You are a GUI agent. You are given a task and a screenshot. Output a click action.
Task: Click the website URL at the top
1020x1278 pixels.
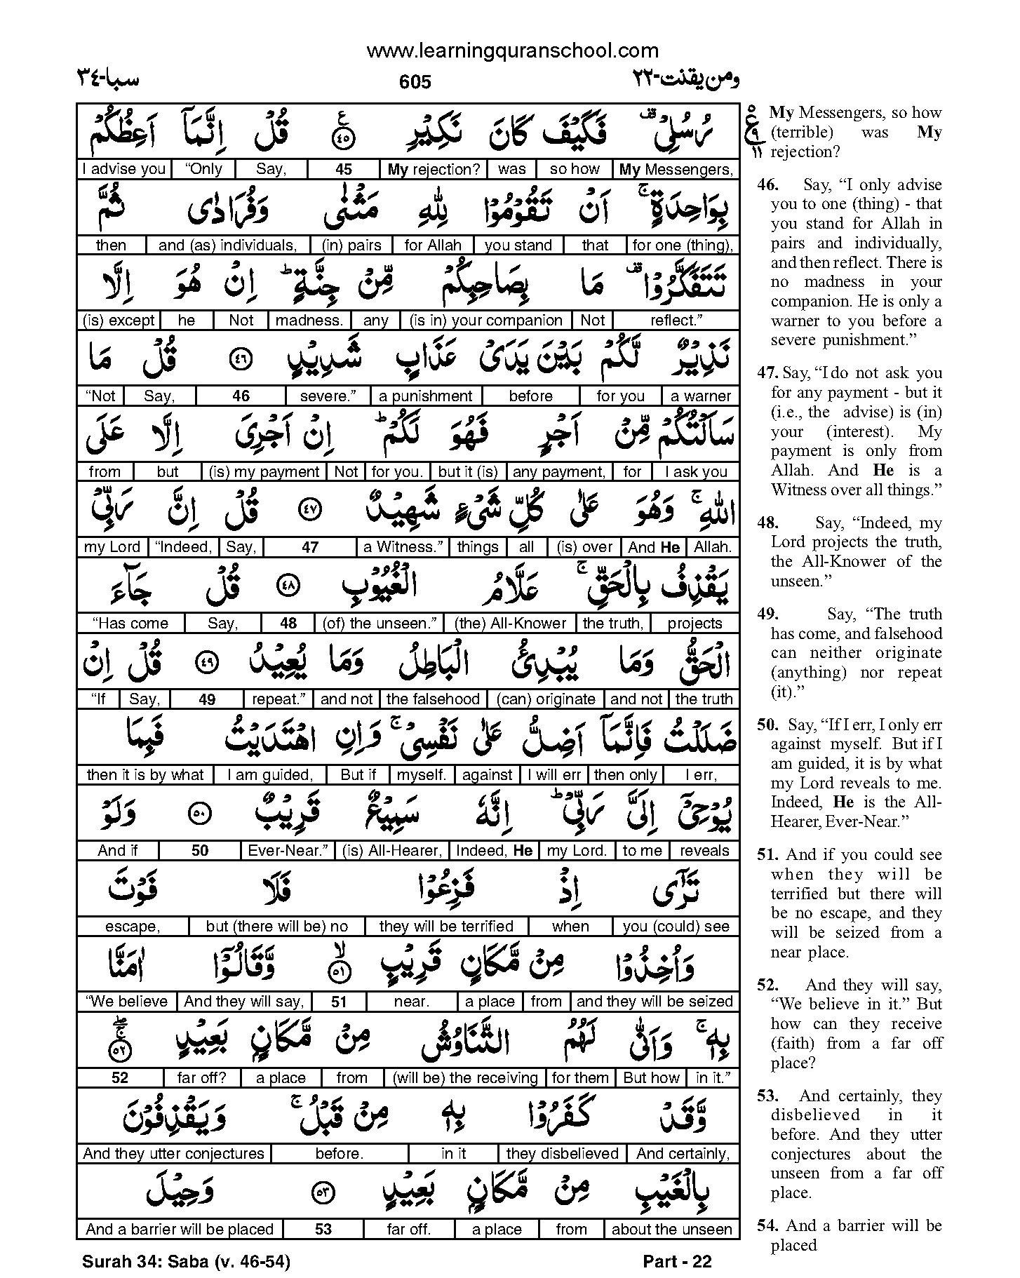[513, 51]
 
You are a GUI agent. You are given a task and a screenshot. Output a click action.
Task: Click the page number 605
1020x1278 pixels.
[415, 82]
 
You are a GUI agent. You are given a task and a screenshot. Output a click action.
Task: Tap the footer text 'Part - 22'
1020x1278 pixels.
[677, 1261]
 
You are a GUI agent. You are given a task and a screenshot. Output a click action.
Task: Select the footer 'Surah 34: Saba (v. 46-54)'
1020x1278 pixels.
[186, 1261]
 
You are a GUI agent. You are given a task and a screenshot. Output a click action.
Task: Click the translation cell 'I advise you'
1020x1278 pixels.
[123, 169]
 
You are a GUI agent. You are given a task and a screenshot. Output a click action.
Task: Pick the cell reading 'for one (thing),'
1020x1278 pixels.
[682, 245]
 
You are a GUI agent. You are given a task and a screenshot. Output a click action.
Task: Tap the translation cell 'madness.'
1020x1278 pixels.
[309, 321]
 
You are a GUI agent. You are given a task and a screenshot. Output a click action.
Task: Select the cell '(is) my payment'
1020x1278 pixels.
[265, 471]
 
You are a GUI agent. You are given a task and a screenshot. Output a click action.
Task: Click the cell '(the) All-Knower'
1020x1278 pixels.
[510, 623]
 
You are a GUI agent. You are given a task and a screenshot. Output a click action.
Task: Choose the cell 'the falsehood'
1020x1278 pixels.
[433, 699]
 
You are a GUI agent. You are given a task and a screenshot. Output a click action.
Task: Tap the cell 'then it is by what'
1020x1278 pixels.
[145, 774]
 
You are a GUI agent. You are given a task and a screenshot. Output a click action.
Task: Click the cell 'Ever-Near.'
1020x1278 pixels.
[288, 850]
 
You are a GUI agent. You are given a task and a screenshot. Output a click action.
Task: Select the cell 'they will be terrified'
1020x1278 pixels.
[446, 926]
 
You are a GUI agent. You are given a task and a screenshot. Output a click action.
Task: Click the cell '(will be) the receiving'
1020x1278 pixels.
[466, 1077]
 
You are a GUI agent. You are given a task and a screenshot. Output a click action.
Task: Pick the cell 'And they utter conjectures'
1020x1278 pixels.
[173, 1153]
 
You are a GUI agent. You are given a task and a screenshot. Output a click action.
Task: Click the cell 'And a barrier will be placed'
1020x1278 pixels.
[180, 1229]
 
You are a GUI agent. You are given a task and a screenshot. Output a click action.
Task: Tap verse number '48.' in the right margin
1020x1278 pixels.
[767, 523]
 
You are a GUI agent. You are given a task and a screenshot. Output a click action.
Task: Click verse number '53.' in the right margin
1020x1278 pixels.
[767, 1096]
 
